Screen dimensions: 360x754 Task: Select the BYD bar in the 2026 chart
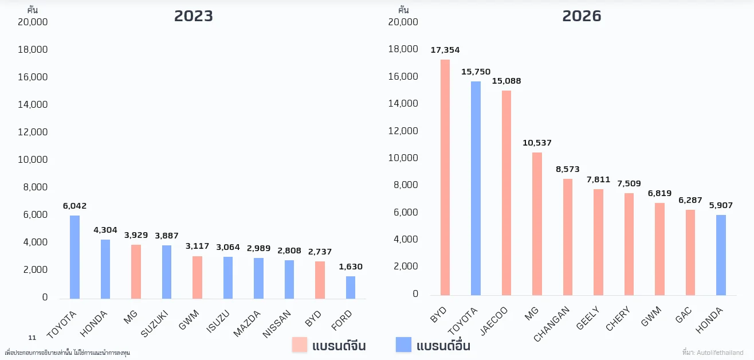pyautogui.click(x=445, y=178)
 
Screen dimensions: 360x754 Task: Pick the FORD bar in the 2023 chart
pyautogui.click(x=350, y=287)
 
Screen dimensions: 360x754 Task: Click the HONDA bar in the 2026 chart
pyautogui.click(x=720, y=255)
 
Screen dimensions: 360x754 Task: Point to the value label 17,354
pyautogui.click(x=445, y=50)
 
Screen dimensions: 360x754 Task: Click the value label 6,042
pyautogui.click(x=74, y=206)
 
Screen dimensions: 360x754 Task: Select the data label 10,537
pyautogui.click(x=537, y=143)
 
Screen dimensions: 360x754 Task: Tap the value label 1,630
pyautogui.click(x=350, y=267)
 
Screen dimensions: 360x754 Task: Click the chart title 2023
pyautogui.click(x=194, y=16)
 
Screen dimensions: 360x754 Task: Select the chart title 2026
pyautogui.click(x=582, y=16)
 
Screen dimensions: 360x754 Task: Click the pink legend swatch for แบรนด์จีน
pyautogui.click(x=300, y=345)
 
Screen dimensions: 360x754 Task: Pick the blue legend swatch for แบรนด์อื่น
pyautogui.click(x=403, y=345)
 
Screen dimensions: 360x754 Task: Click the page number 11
pyautogui.click(x=32, y=338)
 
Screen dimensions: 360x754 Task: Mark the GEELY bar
pyautogui.click(x=598, y=242)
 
